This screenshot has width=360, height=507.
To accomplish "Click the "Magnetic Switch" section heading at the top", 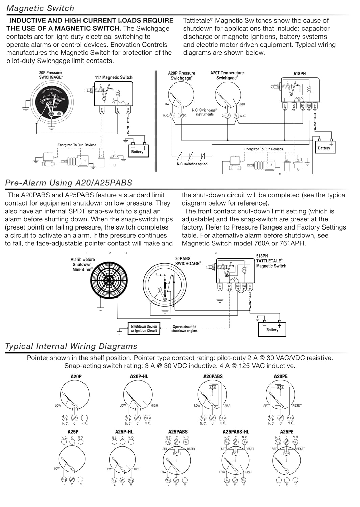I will click(40, 8).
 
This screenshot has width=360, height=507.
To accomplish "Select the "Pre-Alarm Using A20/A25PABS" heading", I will click(69, 183).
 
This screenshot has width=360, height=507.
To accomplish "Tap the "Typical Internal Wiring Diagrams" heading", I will click(71, 346).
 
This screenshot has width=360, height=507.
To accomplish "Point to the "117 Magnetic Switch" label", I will click(114, 77).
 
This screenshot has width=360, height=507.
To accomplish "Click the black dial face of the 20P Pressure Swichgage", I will click(51, 102).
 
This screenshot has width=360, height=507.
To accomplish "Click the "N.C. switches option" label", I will click(192, 164).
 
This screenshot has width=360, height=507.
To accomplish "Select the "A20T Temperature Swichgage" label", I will click(227, 75).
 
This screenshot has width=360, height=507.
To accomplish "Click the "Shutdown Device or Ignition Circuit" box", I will click(144, 329).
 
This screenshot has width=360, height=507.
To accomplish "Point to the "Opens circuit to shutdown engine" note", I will click(184, 329).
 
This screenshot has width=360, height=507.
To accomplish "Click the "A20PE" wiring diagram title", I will click(281, 376).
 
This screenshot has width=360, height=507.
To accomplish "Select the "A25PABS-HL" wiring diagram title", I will click(236, 432).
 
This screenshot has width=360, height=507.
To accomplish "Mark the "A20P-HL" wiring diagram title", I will click(139, 376).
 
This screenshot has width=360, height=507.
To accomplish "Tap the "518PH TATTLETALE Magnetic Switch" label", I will click(271, 261).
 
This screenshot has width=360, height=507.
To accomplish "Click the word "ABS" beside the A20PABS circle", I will click(227, 406).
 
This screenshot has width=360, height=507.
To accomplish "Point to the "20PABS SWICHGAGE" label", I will click(188, 261).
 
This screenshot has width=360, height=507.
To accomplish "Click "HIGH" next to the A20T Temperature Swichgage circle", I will click(242, 104).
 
